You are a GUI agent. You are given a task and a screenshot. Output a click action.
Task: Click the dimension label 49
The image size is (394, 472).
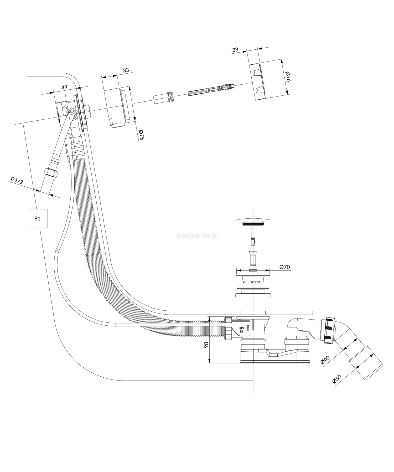tap(64, 87)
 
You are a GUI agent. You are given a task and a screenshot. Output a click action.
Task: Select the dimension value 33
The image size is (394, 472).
tap(126, 70)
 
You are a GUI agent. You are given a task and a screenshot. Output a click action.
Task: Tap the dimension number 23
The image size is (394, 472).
tap(235, 49)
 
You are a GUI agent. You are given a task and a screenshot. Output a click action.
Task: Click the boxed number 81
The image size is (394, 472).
tap(38, 218)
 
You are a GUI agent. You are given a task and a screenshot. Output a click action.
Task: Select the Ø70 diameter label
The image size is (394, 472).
tap(284, 267)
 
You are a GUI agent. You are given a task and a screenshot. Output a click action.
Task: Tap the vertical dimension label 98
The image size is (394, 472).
tap(206, 345)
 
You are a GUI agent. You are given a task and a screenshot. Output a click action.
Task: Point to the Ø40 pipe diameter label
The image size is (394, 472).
tap(325, 360)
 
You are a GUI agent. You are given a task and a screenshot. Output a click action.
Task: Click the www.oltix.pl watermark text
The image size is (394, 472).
tap(197, 236)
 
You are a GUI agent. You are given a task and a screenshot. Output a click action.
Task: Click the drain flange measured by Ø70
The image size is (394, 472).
tap(253, 276)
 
